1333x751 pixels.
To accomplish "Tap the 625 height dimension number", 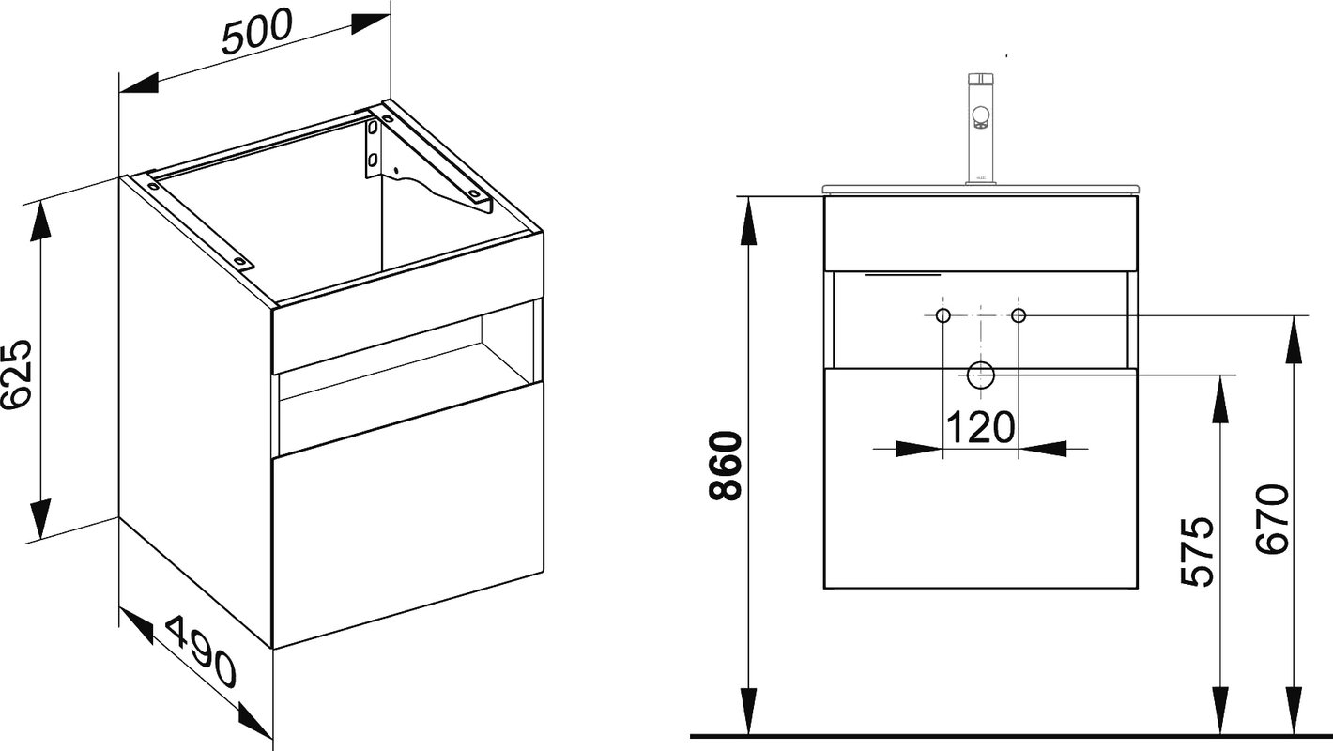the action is pos(15,375).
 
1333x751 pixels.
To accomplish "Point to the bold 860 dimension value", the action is pos(726,466).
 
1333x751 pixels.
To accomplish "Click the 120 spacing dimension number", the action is pos(980,427).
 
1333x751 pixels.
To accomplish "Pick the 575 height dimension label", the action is pos(1197,552).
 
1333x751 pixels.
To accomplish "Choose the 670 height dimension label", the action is pos(1273,519).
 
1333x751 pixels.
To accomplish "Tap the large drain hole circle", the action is pos(981,375).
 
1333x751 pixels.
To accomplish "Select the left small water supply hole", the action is pos(943,315).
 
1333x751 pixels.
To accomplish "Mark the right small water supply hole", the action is pos(1019,315).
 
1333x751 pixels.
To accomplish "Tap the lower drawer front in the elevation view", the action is pos(981,479).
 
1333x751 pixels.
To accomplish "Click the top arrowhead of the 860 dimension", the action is pos(748,221).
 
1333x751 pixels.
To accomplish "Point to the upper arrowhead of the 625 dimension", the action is pos(39,222).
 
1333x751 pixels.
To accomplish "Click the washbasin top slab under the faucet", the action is pos(981,190).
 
